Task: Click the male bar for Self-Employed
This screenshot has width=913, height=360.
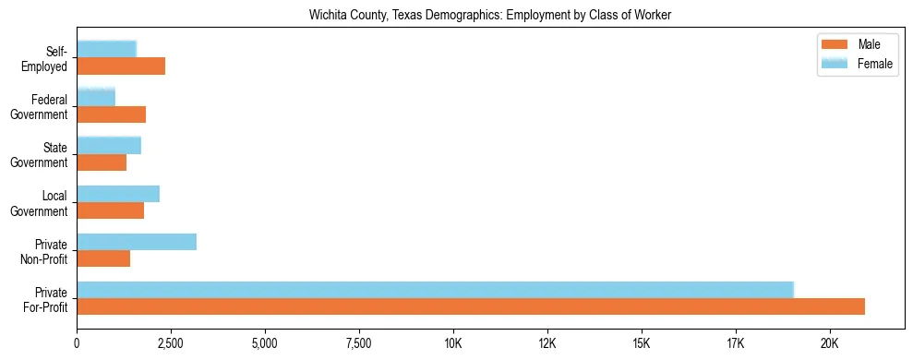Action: tap(121, 66)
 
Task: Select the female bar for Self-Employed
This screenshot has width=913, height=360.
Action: tap(106, 49)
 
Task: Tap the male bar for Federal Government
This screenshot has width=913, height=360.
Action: tap(111, 114)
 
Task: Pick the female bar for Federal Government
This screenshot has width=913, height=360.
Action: tap(96, 97)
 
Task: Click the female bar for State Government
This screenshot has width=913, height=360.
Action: tap(109, 145)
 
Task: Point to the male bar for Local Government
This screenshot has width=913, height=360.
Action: tap(110, 210)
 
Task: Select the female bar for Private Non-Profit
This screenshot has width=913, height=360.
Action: tap(137, 242)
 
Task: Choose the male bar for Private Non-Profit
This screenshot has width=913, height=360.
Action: tap(103, 258)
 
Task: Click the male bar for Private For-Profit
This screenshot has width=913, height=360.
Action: tap(471, 306)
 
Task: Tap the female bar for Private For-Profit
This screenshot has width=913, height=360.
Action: tap(435, 290)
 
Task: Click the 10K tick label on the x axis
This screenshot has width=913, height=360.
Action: tap(453, 344)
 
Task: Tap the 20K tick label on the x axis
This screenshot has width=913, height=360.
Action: tap(829, 344)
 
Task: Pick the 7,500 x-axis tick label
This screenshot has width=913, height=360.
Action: tap(359, 344)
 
